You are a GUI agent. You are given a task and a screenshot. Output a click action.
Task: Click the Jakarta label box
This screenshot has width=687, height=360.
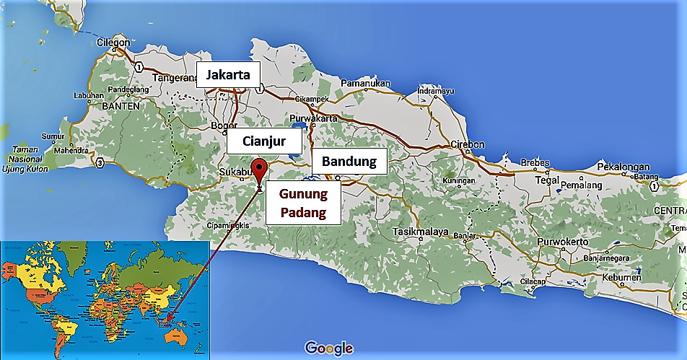(228, 74)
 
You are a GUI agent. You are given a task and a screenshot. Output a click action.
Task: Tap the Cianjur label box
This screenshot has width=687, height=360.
(253, 142)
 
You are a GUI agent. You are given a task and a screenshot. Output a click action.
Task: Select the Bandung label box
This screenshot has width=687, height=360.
(349, 161)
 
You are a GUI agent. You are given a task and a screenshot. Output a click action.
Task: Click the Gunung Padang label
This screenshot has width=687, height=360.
(303, 203)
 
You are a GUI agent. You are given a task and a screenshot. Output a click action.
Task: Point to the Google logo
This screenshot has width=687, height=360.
(329, 348)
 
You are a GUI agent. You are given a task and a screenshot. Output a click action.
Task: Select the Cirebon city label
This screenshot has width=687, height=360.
(467, 144)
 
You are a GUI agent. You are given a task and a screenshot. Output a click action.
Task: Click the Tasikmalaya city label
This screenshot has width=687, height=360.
(421, 232)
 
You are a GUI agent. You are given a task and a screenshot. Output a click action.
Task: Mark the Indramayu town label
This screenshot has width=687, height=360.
(435, 92)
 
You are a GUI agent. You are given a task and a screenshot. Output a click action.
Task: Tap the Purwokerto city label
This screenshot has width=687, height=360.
(564, 242)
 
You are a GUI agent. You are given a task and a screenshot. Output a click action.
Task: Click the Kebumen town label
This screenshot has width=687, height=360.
(621, 278)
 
